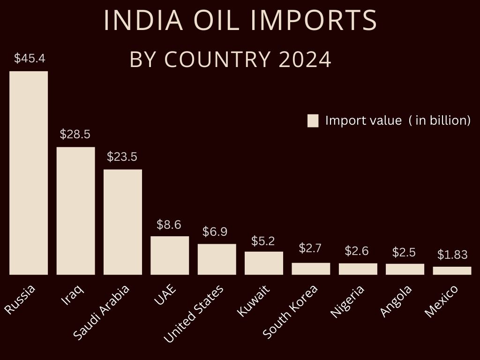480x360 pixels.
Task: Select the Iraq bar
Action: click(75, 210)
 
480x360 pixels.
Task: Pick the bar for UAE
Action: click(170, 255)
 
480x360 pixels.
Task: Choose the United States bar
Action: click(217, 259)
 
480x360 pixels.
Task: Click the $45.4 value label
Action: click(29, 59)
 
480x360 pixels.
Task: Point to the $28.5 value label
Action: click(75, 135)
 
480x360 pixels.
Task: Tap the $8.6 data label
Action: click(169, 225)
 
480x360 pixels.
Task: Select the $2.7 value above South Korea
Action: click(310, 248)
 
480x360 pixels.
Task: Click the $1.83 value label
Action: click(452, 255)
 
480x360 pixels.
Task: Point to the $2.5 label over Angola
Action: click(404, 252)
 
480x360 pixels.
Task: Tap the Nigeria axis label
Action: click(347, 301)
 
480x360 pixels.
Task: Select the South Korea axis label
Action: click(290, 311)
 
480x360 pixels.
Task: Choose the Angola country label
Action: click(396, 301)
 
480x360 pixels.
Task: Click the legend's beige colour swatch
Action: click(313, 120)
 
